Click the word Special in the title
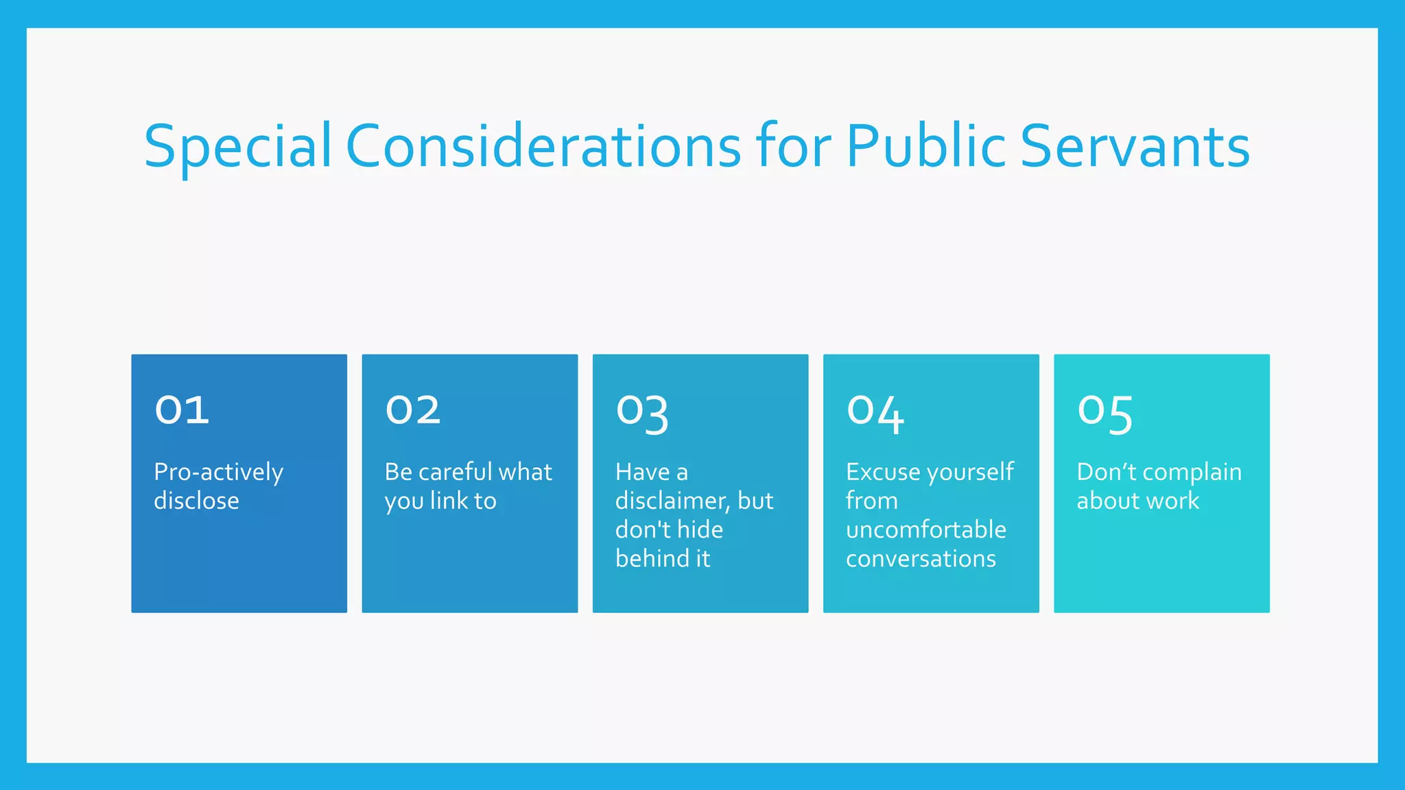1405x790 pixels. [x=237, y=147]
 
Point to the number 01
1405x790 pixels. [x=182, y=410]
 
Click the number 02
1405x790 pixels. [x=412, y=410]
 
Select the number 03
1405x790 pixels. [x=642, y=413]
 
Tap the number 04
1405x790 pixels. [x=875, y=413]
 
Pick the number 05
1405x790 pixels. [x=1105, y=413]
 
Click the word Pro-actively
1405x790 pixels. [x=218, y=472]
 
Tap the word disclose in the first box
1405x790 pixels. [x=196, y=501]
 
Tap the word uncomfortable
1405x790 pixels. [x=926, y=530]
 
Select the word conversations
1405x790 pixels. [x=921, y=559]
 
